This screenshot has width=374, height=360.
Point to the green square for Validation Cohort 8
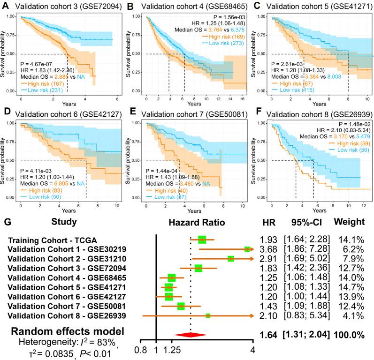(208, 316)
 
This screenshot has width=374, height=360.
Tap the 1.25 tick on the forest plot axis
(172, 349)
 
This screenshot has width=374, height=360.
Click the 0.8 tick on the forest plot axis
(140, 349)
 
